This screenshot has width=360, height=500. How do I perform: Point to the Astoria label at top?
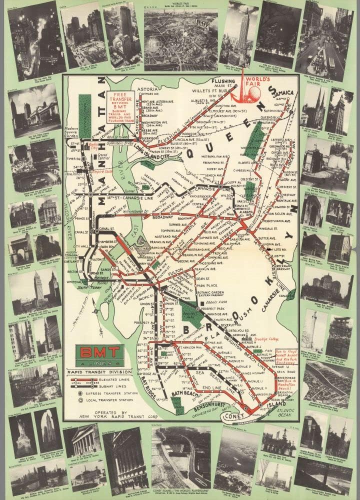click(147, 85)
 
